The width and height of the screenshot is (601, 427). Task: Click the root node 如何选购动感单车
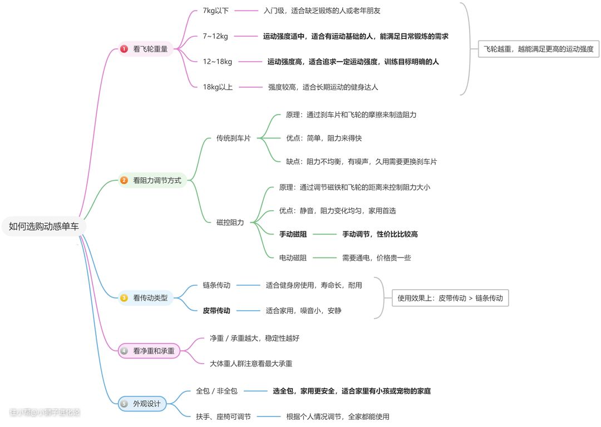(x=44, y=226)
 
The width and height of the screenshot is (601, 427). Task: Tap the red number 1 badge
(x=124, y=49)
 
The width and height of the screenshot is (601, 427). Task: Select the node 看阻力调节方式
(x=157, y=180)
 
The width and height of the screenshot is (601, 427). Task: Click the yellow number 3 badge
(x=124, y=298)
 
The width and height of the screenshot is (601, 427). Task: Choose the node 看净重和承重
(x=154, y=351)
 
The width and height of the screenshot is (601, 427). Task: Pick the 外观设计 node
(x=146, y=404)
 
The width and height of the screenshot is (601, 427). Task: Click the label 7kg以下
(x=216, y=11)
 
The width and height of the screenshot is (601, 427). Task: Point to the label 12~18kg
(x=218, y=62)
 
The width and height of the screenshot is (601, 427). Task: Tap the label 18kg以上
(x=218, y=87)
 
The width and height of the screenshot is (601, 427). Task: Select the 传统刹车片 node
(x=233, y=138)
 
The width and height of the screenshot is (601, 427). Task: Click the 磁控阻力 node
(x=230, y=222)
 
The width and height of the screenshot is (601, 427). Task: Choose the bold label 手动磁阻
(x=293, y=235)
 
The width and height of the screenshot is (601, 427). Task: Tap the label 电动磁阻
(x=293, y=258)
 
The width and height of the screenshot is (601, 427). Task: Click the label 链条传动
(x=216, y=285)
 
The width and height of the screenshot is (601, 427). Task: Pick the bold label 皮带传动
(x=216, y=311)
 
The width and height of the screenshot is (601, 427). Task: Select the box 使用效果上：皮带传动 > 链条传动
(x=450, y=298)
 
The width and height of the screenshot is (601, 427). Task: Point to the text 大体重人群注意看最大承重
(x=251, y=364)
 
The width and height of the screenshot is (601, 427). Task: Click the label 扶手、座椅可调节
(x=224, y=416)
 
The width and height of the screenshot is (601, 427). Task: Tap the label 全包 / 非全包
(x=217, y=391)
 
